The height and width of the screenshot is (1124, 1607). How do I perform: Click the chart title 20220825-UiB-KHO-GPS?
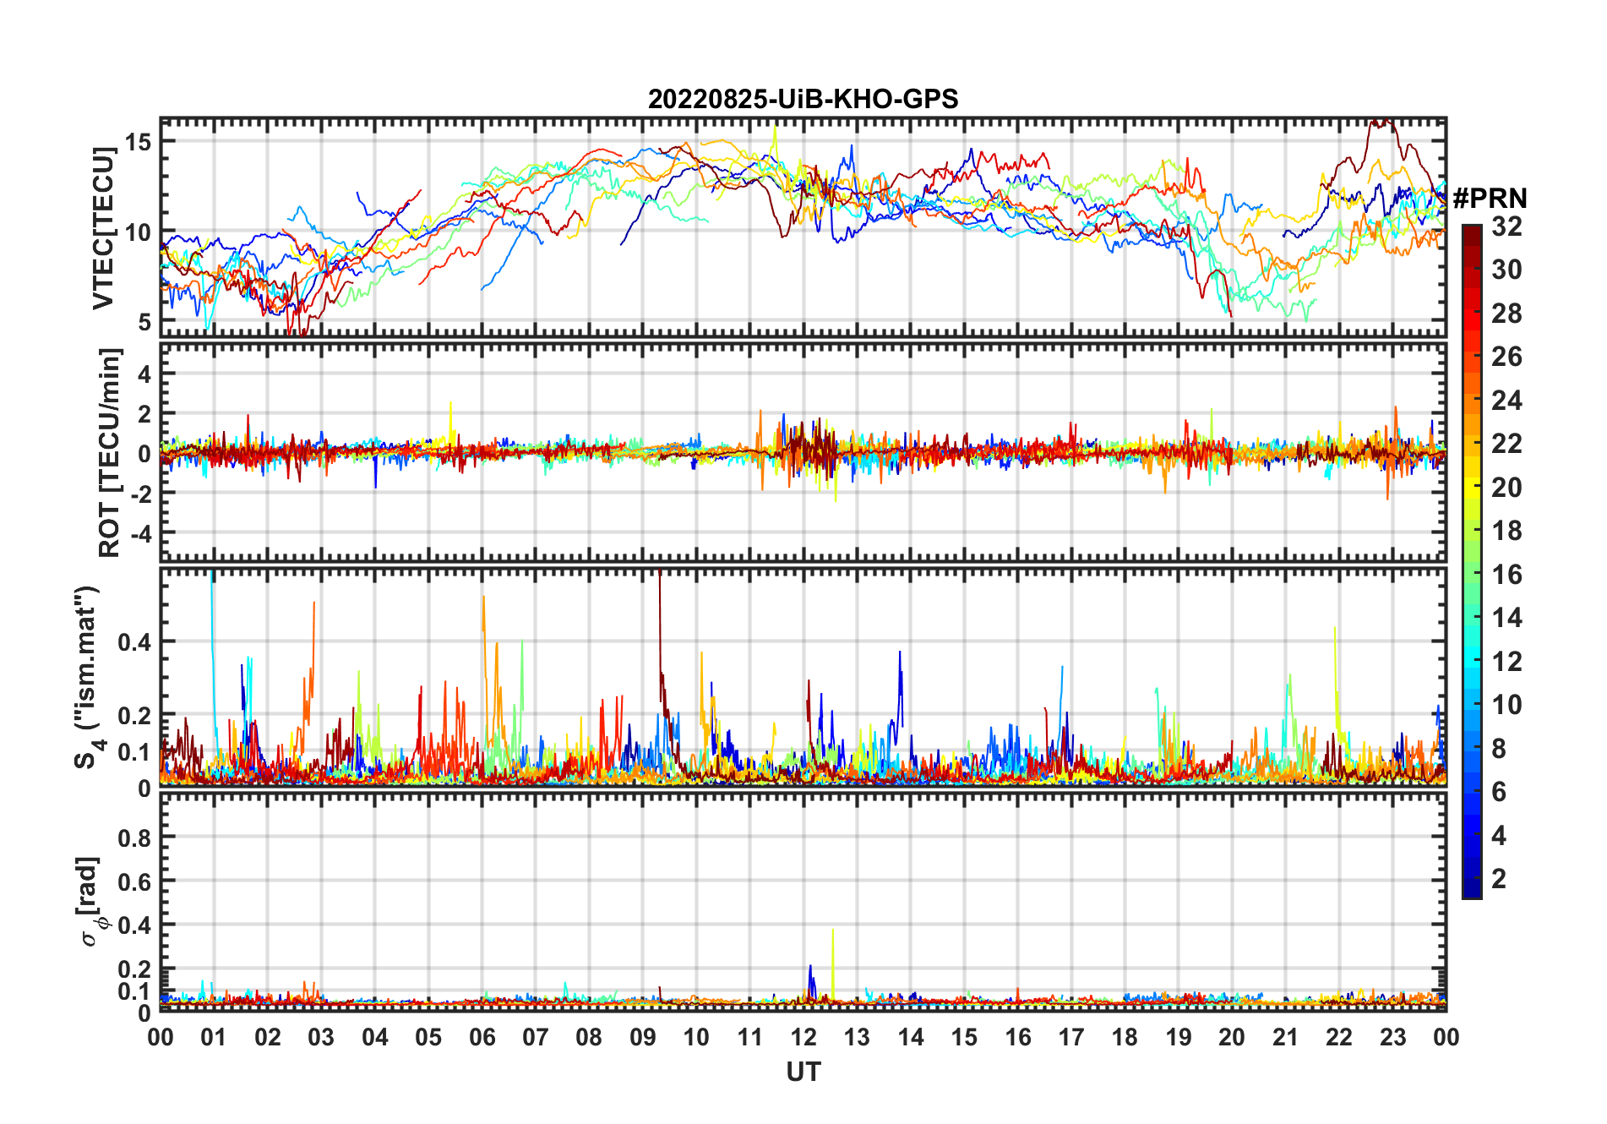[x=803, y=100]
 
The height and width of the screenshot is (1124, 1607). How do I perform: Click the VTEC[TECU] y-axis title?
[x=104, y=228]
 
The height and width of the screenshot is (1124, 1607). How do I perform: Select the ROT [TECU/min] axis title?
[x=110, y=452]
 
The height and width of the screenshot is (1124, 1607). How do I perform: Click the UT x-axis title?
[x=803, y=1072]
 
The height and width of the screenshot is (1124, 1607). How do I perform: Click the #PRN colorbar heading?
[x=1490, y=199]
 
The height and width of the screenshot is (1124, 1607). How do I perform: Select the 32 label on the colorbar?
[x=1506, y=226]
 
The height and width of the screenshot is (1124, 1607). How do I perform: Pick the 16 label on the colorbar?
[x=1506, y=575]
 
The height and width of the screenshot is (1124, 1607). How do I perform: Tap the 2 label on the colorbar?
[x=1499, y=879]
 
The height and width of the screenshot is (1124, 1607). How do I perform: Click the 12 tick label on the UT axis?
[x=803, y=1037]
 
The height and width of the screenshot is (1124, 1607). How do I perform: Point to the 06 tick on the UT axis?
[x=482, y=1037]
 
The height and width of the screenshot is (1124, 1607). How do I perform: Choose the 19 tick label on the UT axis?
[x=1178, y=1037]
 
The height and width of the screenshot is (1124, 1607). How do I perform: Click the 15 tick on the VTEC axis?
[x=139, y=141]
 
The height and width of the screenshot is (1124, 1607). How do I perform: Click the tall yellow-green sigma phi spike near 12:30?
[x=833, y=934]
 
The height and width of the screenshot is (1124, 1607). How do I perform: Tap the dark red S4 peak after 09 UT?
[x=659, y=583]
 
